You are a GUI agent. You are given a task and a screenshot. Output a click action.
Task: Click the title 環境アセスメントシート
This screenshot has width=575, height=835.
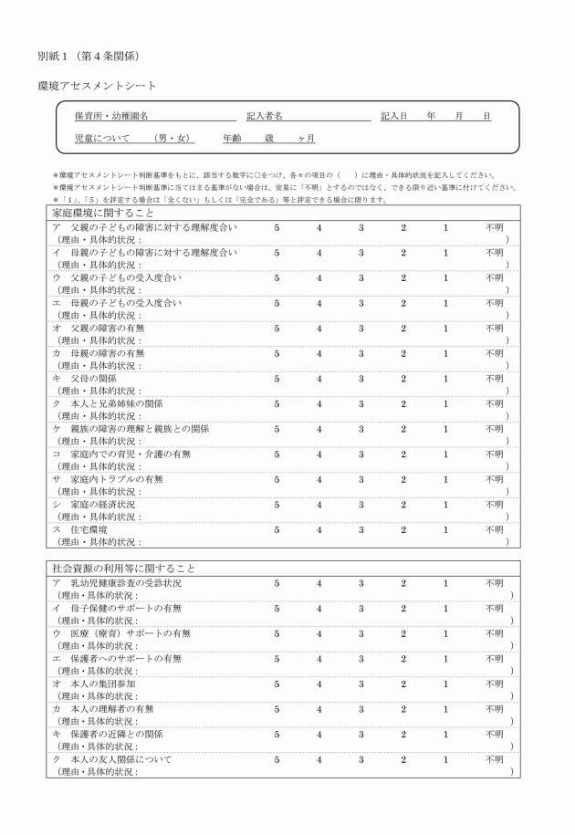click(97, 86)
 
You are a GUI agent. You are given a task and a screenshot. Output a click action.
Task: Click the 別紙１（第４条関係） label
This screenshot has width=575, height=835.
click(89, 57)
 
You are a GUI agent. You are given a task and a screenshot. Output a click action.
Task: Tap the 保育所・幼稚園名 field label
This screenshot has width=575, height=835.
click(111, 117)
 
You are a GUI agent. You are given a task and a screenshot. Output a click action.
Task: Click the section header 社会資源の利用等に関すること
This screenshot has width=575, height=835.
click(120, 568)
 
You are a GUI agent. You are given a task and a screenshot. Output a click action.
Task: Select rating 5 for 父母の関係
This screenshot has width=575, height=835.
click(277, 378)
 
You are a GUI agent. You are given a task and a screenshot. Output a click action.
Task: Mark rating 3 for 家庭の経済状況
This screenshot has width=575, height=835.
click(361, 504)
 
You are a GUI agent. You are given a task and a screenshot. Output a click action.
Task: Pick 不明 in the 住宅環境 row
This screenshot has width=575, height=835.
click(494, 529)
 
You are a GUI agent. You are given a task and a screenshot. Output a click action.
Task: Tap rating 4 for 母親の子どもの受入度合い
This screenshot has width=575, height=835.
click(319, 302)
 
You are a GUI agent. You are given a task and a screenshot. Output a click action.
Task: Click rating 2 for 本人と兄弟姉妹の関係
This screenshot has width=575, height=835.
click(402, 403)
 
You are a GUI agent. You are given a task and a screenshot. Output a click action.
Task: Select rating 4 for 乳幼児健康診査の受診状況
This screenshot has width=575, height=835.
click(319, 582)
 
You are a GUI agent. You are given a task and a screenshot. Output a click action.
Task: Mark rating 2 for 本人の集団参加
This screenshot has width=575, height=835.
click(402, 684)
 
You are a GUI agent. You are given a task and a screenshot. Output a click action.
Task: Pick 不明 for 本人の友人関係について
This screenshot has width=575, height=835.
click(494, 759)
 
